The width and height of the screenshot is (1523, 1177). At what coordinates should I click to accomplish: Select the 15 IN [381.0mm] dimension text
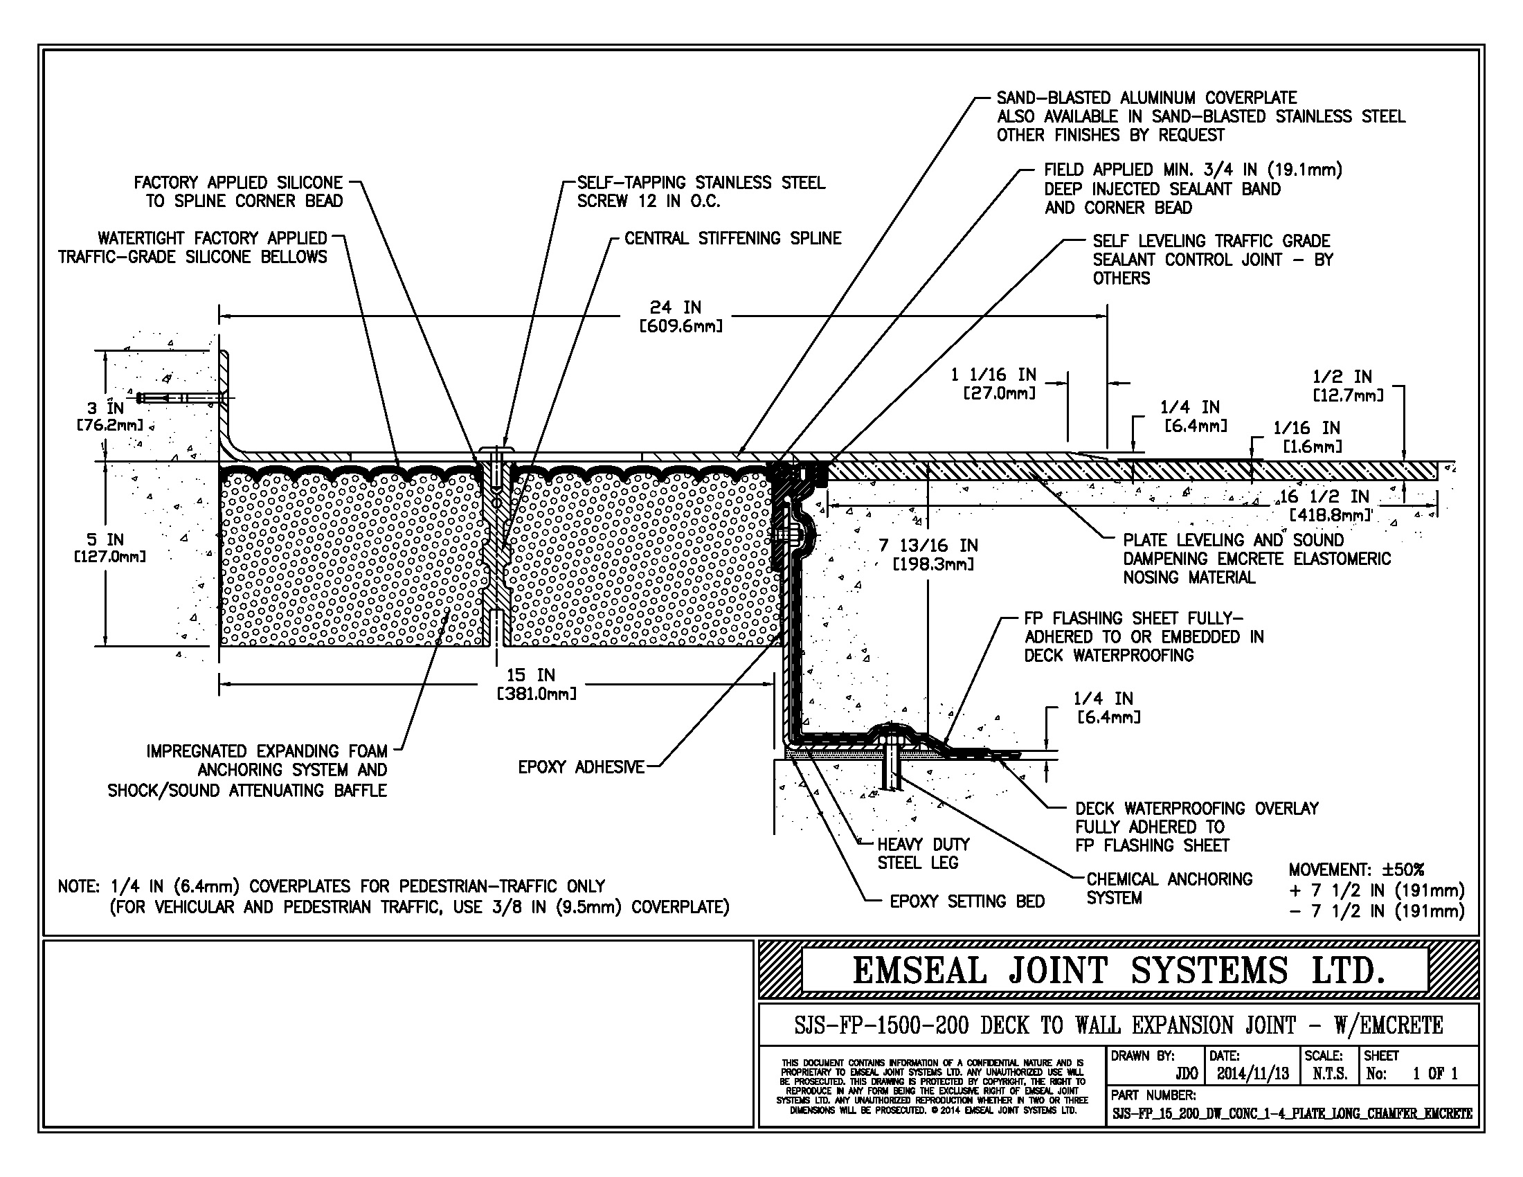point(536,684)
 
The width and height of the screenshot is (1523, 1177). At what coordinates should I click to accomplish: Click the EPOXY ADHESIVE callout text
point(581,767)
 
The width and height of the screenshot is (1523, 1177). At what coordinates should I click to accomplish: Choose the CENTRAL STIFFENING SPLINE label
point(732,238)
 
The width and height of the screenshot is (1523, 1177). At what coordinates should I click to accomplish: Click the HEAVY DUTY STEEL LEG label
point(923,854)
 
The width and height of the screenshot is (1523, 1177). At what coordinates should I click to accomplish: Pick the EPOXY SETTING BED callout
point(966,901)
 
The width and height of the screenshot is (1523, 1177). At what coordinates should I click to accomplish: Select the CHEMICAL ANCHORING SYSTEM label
point(1169,888)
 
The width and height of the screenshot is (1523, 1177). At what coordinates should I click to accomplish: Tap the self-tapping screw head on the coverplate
point(496,449)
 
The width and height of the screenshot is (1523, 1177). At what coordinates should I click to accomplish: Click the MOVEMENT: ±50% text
point(1355,870)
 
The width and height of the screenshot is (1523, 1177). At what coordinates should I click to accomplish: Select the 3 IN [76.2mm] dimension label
point(109,416)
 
